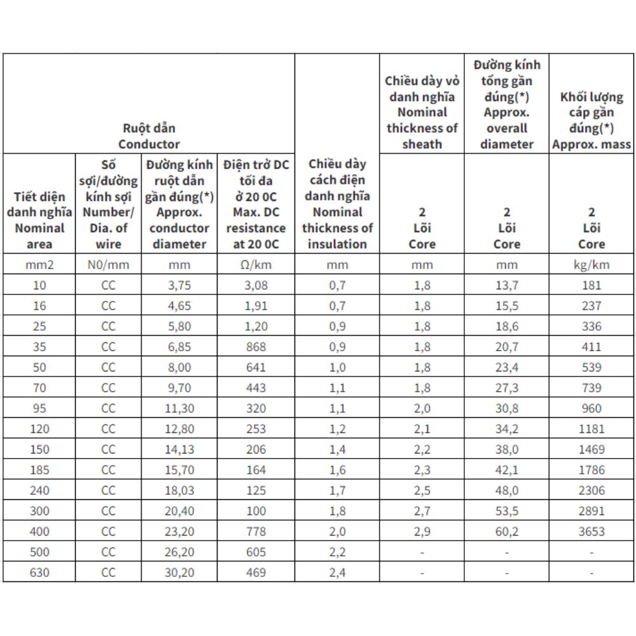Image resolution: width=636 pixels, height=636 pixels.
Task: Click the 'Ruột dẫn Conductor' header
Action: pyautogui.click(x=149, y=136)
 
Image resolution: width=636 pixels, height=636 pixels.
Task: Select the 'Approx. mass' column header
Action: pyautogui.click(x=591, y=121)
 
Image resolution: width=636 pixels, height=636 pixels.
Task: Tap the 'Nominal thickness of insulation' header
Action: pyautogui.click(x=337, y=204)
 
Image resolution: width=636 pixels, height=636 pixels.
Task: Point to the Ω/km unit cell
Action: pyautogui.click(x=256, y=265)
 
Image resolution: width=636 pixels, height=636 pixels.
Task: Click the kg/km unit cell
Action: pyautogui.click(x=591, y=265)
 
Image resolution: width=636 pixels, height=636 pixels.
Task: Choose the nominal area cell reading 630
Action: pyautogui.click(x=39, y=572)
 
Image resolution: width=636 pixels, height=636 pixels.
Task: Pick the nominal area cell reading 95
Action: pyautogui.click(x=39, y=408)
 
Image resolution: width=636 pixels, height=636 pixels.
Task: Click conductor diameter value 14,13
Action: pyautogui.click(x=179, y=450)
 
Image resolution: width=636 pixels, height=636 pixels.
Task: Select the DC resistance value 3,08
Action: pyautogui.click(x=256, y=286)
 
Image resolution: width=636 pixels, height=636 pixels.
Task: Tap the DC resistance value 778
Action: pyautogui.click(x=256, y=532)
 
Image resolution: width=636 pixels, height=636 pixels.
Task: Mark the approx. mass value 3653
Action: pyautogui.click(x=591, y=532)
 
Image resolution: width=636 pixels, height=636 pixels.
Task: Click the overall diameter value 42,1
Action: pyautogui.click(x=506, y=470)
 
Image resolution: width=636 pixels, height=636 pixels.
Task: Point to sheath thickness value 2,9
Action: pyautogui.click(x=422, y=532)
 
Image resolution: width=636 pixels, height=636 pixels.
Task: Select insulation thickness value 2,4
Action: pyautogui.click(x=337, y=572)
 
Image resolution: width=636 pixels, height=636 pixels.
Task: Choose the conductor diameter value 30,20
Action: pyautogui.click(x=179, y=572)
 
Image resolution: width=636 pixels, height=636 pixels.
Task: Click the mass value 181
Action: pyautogui.click(x=591, y=286)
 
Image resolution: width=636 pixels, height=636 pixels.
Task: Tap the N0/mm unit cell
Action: pyautogui.click(x=108, y=265)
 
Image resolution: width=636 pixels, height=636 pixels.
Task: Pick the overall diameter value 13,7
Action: pyautogui.click(x=506, y=286)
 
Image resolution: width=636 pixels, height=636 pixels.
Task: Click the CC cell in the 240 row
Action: pyautogui.click(x=108, y=490)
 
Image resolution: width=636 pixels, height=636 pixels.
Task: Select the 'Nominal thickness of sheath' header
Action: pyautogui.click(x=422, y=112)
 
